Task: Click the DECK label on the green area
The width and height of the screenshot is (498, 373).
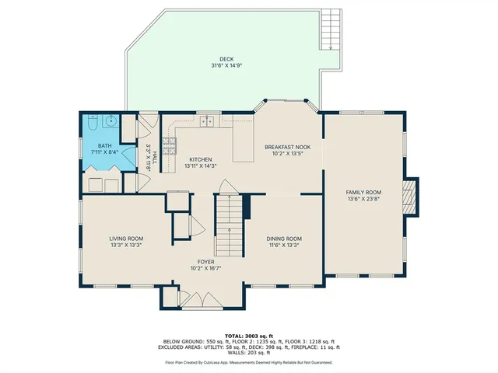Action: point(226,58)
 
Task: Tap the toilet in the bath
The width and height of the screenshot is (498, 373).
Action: point(93,123)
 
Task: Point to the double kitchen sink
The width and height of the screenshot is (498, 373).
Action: point(207,121)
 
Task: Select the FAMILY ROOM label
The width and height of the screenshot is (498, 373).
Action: point(363,192)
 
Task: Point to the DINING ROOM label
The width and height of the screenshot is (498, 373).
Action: point(283,239)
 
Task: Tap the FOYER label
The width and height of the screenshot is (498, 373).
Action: point(206,262)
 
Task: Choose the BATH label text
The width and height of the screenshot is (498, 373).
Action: point(103,145)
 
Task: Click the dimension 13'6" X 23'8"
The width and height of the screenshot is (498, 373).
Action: point(363,198)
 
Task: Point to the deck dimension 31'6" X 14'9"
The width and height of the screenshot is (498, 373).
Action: point(226,65)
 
